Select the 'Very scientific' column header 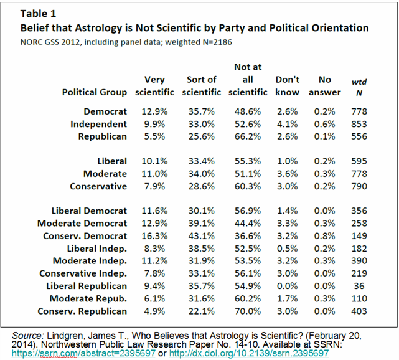point(156,86)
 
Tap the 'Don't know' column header point(287,86)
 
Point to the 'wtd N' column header point(358,86)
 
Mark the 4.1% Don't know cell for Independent point(287,124)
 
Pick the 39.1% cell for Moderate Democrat point(200,224)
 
